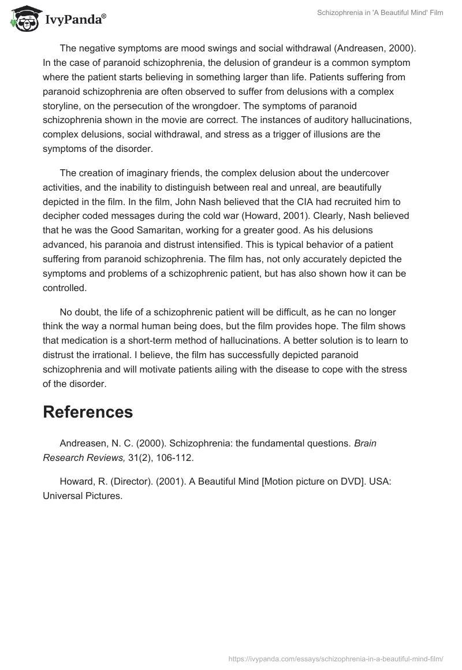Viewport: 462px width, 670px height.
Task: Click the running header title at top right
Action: point(380,13)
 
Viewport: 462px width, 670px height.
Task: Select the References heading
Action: point(88,412)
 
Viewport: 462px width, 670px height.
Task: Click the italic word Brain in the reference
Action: point(365,444)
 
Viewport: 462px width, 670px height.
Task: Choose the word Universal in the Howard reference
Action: point(63,495)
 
